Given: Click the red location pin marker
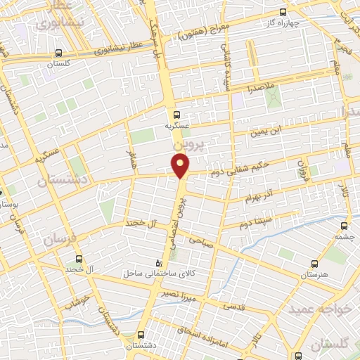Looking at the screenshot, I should tap(181, 166).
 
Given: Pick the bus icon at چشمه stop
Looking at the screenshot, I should tap(344, 226).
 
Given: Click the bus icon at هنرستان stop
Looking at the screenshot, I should tap(313, 262).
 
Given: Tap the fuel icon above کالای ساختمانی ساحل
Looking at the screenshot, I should tap(157, 262).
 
